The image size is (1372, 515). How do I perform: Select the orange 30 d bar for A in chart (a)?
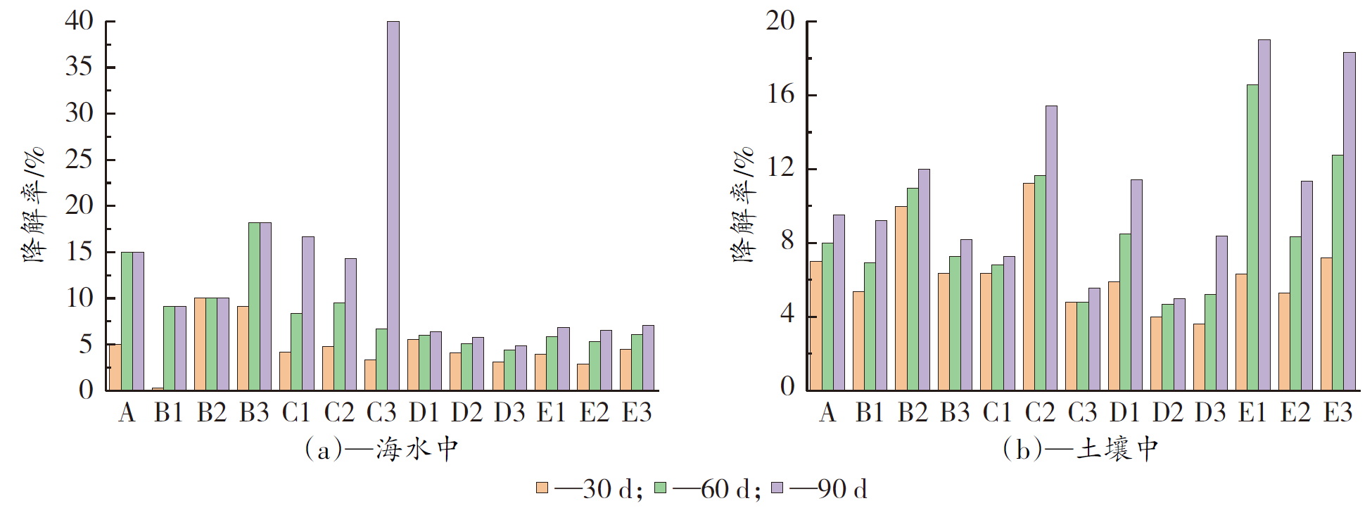pos(115,367)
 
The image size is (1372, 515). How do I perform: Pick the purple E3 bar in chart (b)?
pos(1349,221)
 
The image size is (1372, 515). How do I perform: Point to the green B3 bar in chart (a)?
pos(254,306)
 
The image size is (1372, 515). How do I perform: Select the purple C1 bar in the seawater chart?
pos(307,313)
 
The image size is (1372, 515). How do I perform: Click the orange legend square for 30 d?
pos(542,488)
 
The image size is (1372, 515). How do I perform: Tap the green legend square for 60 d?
pos(660,488)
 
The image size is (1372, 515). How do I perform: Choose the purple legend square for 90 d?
pos(777,488)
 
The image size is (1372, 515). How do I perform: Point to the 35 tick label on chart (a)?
pos(79,67)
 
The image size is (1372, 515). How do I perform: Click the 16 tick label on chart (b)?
pos(780,94)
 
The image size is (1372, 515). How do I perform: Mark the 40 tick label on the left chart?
pos(79,21)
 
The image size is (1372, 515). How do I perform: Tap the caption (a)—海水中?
pos(381,449)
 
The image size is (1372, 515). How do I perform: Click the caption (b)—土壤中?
pos(1081,449)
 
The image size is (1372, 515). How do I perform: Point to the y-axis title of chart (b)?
pos(743,205)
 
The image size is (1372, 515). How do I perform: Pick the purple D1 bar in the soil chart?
pos(1136,284)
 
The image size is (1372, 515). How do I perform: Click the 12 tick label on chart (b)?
pos(780,168)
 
